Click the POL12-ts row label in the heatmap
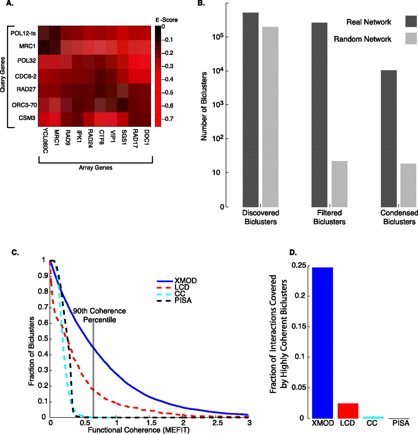coord(23,33)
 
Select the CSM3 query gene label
coord(27,118)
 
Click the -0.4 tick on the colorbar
coord(167,79)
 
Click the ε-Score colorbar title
coord(166,20)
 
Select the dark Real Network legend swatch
coord(411,21)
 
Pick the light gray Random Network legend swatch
coord(411,38)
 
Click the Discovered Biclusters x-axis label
coord(261,217)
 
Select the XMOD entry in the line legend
coord(185,281)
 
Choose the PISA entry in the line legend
coord(183,300)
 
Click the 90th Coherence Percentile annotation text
coord(99,315)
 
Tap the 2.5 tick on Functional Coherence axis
coord(217,423)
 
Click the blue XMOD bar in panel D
coord(322,342)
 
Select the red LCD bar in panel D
coord(348,411)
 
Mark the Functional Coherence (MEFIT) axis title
coord(138,430)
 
